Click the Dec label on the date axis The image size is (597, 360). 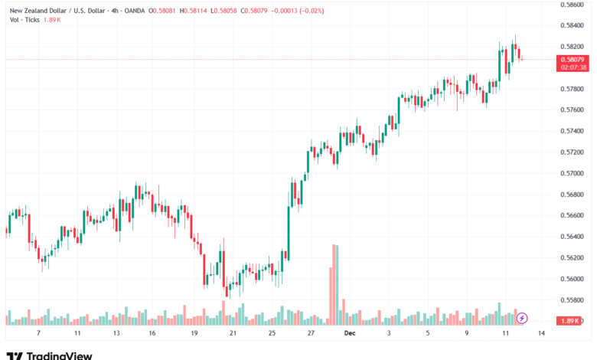tap(349, 334)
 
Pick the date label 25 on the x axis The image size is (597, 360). tap(272, 334)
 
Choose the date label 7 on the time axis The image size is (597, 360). tap(39, 334)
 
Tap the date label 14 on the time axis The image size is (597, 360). tap(542, 334)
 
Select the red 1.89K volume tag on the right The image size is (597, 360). tap(572, 320)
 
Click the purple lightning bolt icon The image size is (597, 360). tap(522, 317)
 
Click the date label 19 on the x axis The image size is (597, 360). tap(194, 334)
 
